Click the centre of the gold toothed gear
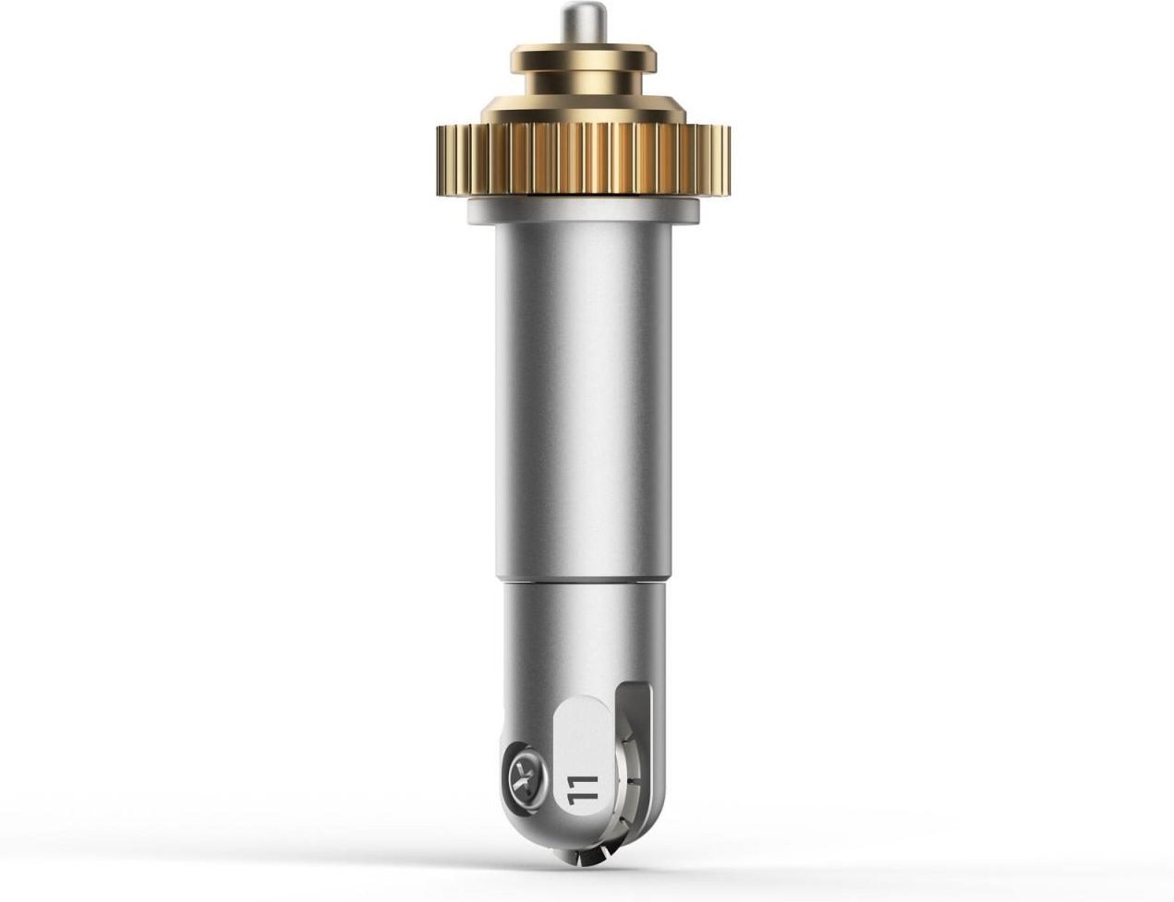pyautogui.click(x=583, y=158)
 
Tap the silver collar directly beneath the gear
pyautogui.click(x=584, y=210)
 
